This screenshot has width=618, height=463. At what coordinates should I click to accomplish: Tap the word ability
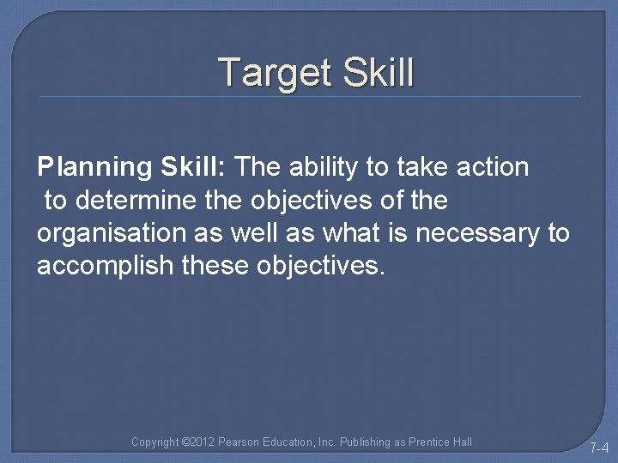[x=324, y=167]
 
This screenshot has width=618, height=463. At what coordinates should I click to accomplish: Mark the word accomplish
[x=100, y=266]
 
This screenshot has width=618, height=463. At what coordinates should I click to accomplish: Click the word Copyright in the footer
[x=155, y=442]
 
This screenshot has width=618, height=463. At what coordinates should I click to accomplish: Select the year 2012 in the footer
[x=201, y=442]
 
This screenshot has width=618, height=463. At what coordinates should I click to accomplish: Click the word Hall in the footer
[x=462, y=442]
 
